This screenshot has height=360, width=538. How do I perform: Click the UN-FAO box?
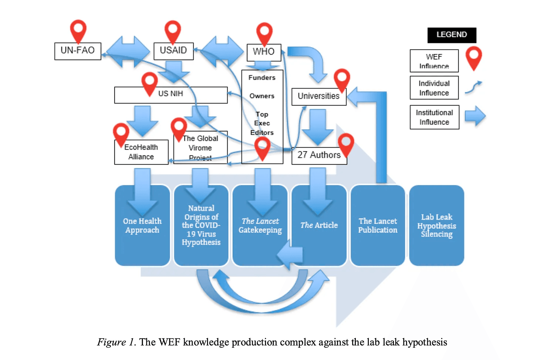point(78,51)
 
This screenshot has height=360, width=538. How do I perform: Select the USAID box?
point(173,51)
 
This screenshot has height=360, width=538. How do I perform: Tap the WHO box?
point(263,52)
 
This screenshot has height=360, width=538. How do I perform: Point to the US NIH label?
point(171,94)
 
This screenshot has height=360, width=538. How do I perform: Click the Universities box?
point(319,96)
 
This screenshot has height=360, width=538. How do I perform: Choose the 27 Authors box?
point(319,155)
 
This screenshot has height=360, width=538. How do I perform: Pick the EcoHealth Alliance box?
point(141,152)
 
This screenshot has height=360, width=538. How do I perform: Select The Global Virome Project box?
point(200,148)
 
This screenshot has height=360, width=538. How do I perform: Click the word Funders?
point(262,78)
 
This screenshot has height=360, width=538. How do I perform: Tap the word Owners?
point(262,96)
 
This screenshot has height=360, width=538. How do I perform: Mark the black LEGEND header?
point(452,35)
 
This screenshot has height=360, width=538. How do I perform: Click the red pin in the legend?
point(473,57)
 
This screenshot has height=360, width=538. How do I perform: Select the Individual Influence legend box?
point(434,88)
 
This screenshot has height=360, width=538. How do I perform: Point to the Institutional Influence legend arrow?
point(475,116)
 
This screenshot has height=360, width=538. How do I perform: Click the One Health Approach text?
point(142,226)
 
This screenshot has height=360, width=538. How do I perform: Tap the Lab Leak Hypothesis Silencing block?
point(436,226)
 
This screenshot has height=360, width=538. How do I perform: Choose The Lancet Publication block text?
point(378,226)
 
